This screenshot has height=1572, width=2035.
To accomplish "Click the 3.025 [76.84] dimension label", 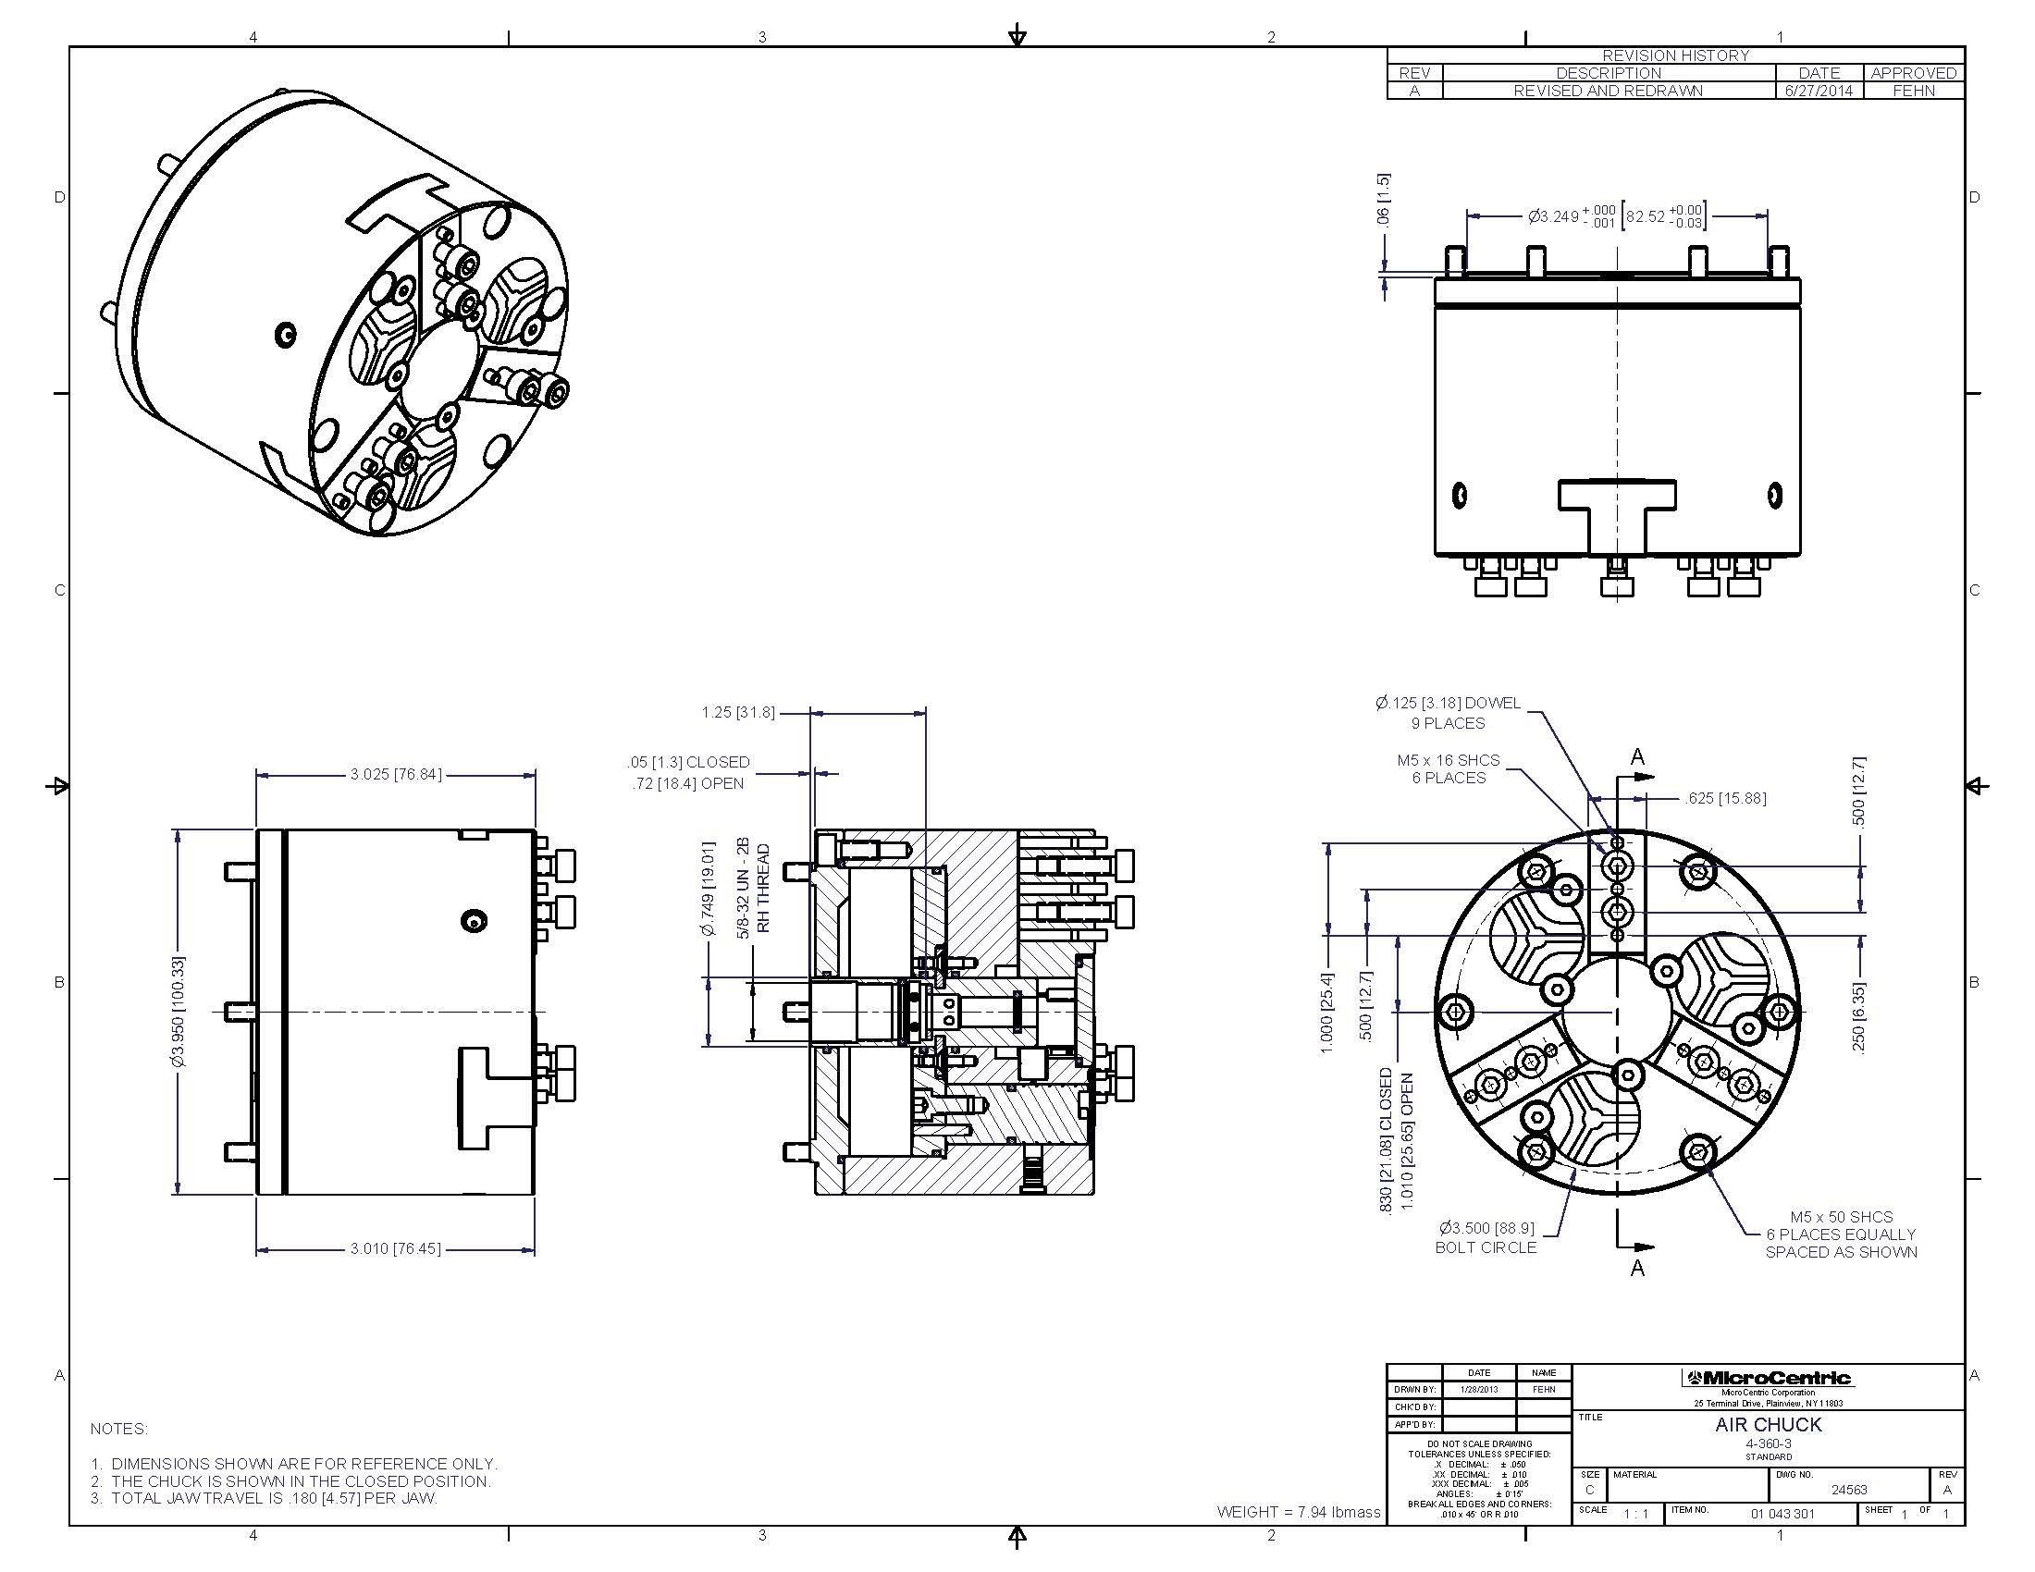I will tap(395, 774).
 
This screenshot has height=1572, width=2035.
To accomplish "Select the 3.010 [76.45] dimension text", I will tap(395, 1248).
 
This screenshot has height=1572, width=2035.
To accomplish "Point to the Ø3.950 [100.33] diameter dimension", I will tap(178, 1012).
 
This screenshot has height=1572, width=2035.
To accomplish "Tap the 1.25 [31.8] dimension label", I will tap(738, 712).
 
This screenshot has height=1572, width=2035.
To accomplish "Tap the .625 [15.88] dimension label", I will tap(1725, 798).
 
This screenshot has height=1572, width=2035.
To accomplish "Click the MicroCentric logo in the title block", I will tap(1768, 1379).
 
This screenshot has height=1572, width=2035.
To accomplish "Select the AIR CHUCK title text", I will tap(1768, 1425).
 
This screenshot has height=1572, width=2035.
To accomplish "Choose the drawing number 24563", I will tap(1849, 1489).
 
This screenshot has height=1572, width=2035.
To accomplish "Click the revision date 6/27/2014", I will tap(1819, 91).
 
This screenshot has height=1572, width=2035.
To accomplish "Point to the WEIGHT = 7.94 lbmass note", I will tap(1298, 1512).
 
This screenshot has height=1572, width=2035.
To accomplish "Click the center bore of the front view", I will tap(1617, 1011).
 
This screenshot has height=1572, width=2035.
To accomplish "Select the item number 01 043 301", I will tap(1782, 1514).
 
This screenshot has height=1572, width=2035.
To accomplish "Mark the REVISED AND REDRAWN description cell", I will tap(1608, 91).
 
